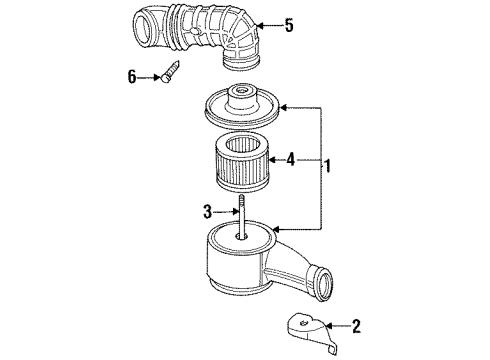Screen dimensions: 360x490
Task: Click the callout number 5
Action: [289, 26]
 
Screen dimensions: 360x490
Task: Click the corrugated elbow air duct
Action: [200, 40]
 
